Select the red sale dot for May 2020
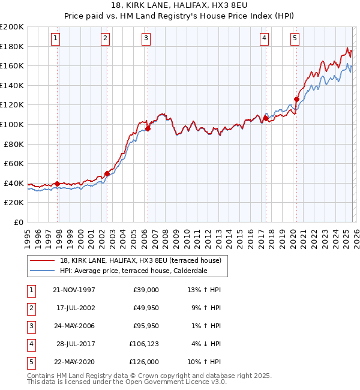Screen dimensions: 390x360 tap(296, 99)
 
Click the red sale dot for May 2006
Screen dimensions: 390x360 tap(148, 128)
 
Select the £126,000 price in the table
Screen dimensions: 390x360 tap(144, 362)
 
